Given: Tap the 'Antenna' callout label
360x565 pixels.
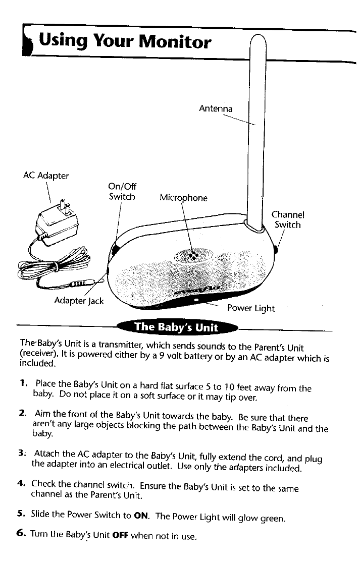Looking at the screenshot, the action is click(x=216, y=108).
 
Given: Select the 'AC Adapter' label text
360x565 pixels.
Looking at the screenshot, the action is click(x=46, y=176).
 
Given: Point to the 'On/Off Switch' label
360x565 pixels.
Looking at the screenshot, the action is click(x=122, y=191).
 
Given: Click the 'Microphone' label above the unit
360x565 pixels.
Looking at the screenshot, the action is click(x=183, y=198).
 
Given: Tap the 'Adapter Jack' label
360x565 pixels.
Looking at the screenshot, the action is click(x=79, y=301).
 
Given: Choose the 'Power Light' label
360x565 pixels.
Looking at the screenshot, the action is click(x=251, y=308).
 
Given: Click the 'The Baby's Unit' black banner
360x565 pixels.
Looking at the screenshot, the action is click(x=176, y=327).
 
